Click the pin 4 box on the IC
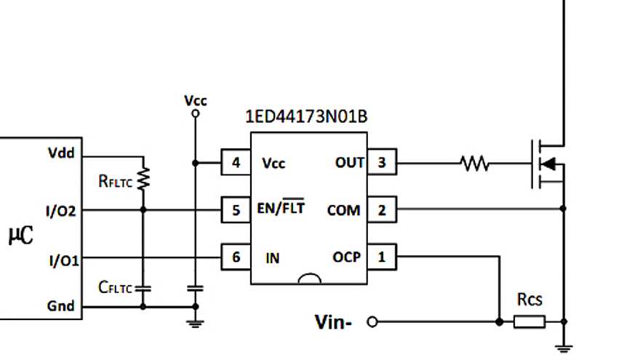coord(236,163)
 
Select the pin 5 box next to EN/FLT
coord(236,210)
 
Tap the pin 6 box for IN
coord(236,257)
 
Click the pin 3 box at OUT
coord(382,163)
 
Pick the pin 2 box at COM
coord(382,210)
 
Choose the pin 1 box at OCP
coord(382,257)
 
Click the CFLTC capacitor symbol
coord(143,288)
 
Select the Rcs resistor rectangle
coord(529,321)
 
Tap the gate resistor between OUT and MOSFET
coord(475,164)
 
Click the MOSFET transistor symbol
coord(547,164)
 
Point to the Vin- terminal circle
coord(373,321)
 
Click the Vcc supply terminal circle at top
coord(194,113)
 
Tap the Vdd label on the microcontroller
coord(61,153)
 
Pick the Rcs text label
coord(529,299)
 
